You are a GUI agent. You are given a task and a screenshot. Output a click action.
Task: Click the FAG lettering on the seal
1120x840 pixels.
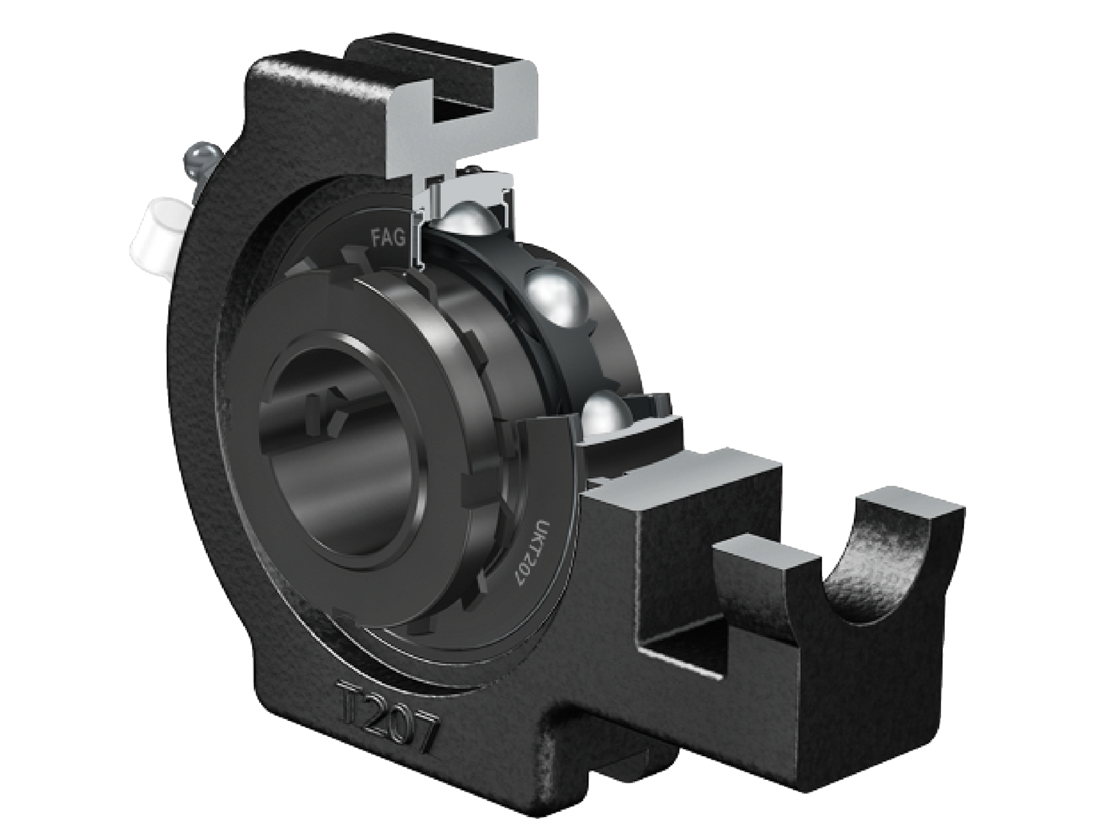pos(387,239)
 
